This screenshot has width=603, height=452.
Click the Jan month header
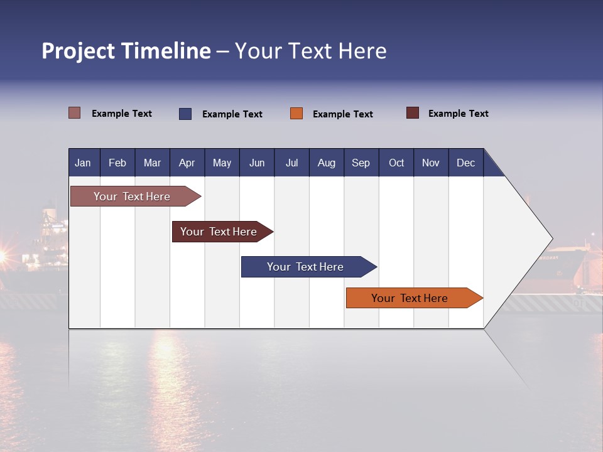click(x=84, y=163)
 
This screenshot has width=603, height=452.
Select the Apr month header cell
click(x=187, y=163)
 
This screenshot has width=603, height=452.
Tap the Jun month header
click(x=257, y=163)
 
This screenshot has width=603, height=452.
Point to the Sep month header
click(x=361, y=163)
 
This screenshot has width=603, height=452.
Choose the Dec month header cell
click(x=465, y=163)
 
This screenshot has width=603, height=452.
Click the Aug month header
click(x=327, y=163)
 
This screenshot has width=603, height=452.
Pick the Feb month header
click(x=117, y=163)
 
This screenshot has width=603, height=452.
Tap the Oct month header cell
click(x=396, y=163)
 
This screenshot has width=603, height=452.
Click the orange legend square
click(x=296, y=114)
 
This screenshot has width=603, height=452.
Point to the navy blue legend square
click(x=185, y=114)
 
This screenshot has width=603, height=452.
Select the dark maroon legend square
click(x=413, y=113)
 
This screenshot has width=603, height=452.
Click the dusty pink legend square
click(x=75, y=113)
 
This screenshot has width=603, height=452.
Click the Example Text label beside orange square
click(x=343, y=114)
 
